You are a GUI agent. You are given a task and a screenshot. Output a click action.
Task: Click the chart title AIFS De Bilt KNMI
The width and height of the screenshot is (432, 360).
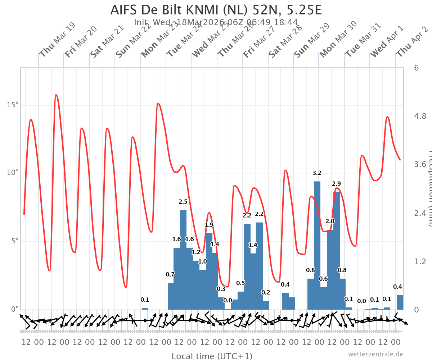point(216,10)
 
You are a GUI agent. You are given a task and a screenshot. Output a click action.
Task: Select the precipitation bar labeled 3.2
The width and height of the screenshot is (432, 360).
point(317,245)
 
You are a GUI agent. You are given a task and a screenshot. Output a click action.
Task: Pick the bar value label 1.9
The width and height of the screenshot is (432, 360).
point(209,225)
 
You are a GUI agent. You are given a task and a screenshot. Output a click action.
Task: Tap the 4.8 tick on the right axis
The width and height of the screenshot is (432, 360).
point(420,116)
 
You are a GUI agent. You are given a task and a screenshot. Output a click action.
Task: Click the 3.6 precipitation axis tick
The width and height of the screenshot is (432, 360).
point(420,165)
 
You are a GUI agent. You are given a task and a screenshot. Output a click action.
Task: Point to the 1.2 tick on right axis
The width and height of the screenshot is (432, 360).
point(420,261)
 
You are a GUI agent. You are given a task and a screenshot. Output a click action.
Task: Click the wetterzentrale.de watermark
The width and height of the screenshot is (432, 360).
point(375,354)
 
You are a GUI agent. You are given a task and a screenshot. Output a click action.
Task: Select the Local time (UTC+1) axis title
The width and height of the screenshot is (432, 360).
point(212,356)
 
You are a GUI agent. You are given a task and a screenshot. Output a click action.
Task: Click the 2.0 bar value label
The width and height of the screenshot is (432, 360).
point(330,221)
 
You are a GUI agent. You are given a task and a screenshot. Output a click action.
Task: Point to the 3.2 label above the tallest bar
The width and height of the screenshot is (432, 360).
point(317,173)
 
